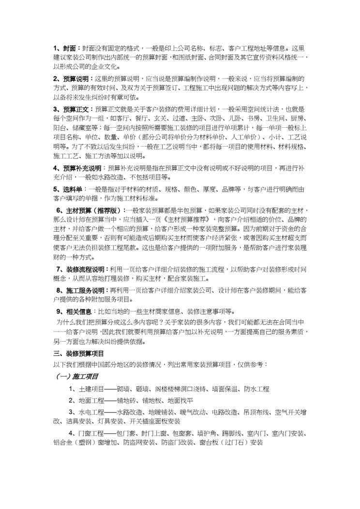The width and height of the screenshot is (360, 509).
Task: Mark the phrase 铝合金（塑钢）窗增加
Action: (85, 442)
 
